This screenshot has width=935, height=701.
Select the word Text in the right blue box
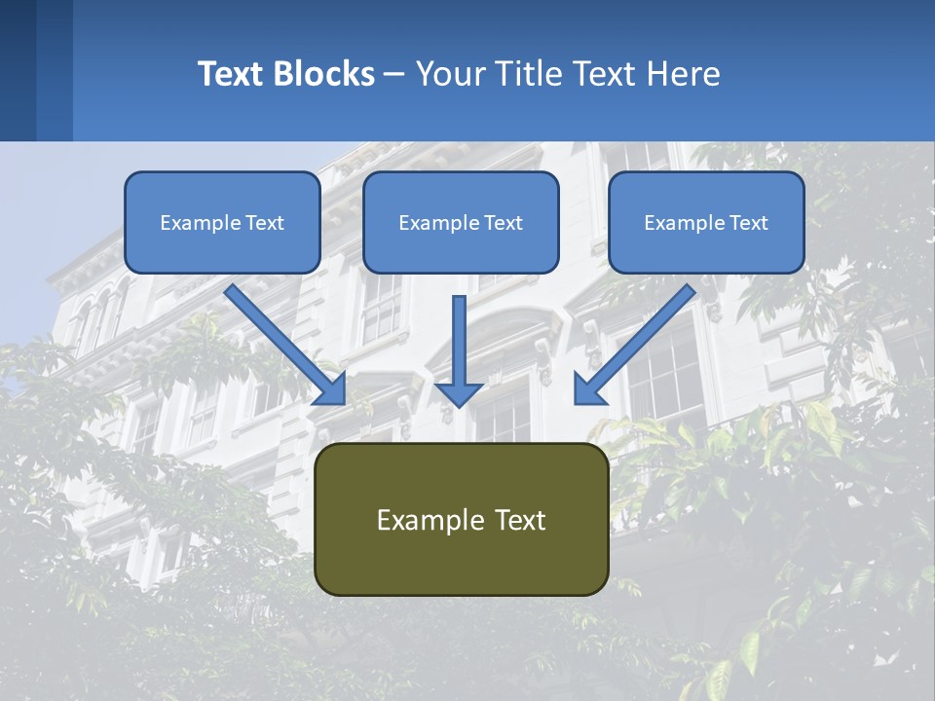[748, 223]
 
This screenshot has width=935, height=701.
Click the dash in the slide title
[394, 75]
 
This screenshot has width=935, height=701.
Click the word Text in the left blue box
[264, 223]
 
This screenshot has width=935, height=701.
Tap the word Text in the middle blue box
[503, 223]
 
